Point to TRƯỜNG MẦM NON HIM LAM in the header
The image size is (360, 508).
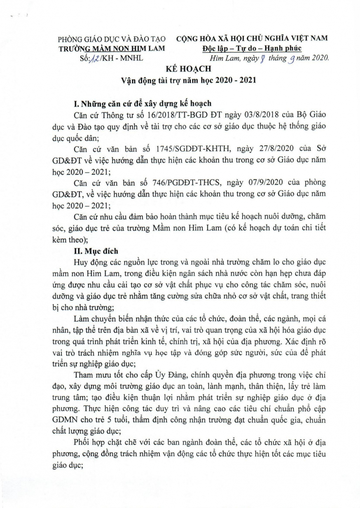point(112,48)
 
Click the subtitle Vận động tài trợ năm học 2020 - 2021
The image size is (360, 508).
point(189,80)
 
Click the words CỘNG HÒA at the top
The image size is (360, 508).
point(198,38)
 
